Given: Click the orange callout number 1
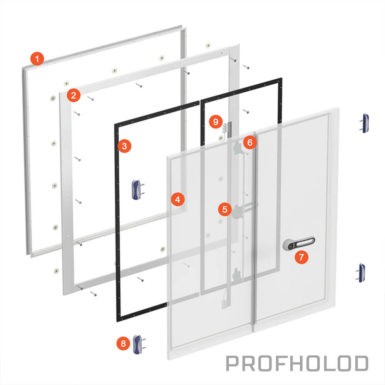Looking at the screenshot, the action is point(37,59).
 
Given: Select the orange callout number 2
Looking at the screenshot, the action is point(74,95).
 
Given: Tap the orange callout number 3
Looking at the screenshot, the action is point(124,146).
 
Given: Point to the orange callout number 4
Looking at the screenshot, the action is point(178,199).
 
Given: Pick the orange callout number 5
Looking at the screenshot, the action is point(225,209).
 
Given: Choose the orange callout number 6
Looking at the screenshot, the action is point(250,142).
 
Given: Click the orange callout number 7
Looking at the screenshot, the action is point(301,257).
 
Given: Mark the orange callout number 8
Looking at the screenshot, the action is point(123,343).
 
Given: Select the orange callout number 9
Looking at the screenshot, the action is point(216,122).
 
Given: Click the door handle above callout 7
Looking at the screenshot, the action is point(299,243).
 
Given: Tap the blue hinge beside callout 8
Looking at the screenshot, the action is point(139,344).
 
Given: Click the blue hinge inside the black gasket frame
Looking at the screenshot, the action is point(137,189).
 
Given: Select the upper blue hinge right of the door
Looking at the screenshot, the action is point(365,123).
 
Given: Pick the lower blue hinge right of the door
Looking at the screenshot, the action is point(361,273).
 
